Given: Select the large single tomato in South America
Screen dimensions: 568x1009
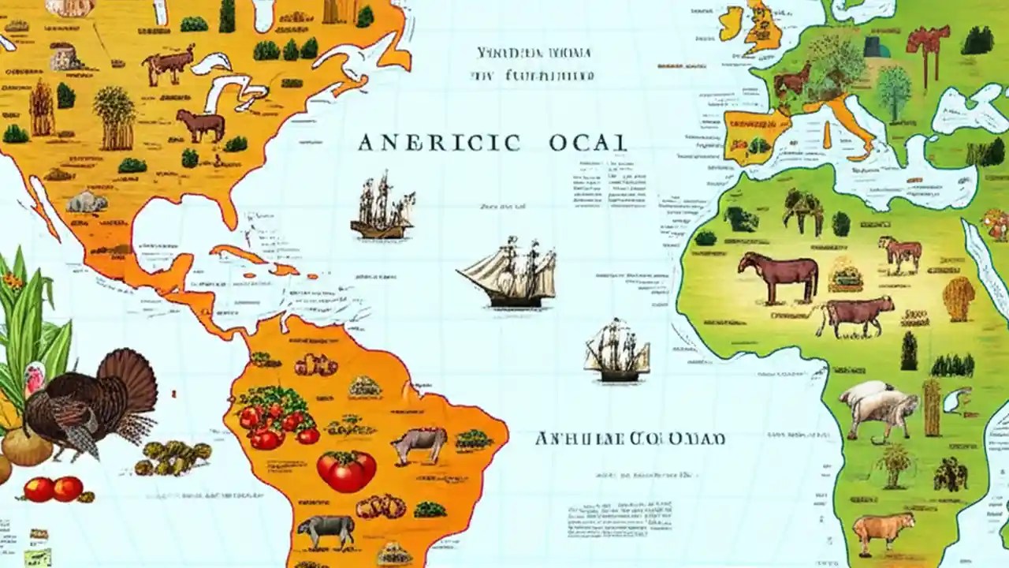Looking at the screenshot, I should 347,470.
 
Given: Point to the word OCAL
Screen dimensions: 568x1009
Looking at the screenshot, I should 588,143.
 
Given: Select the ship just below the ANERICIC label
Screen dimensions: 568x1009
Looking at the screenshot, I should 382,207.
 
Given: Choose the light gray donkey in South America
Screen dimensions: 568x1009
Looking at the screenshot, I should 419,444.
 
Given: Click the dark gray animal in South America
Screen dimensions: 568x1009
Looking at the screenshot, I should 326,531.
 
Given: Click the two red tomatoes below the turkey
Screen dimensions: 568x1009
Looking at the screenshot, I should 53,489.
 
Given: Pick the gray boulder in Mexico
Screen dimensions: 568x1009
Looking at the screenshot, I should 87,202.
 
